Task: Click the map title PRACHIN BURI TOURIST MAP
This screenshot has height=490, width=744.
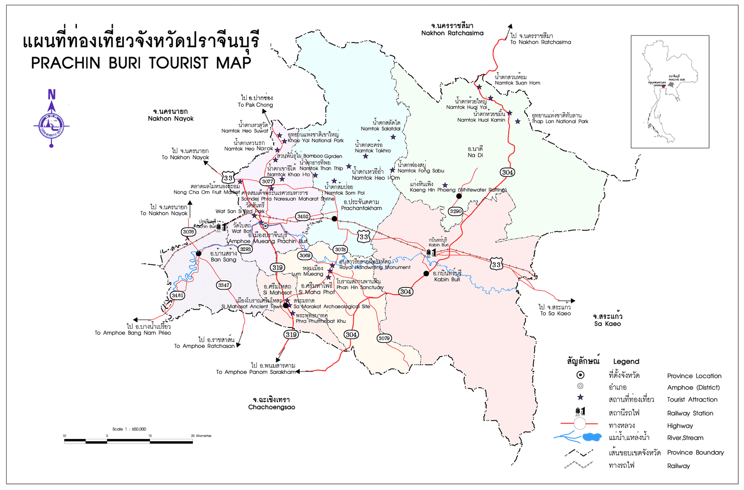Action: tap(141, 63)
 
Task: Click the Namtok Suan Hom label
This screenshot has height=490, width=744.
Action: tap(517, 83)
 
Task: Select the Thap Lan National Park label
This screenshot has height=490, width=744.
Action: tap(560, 121)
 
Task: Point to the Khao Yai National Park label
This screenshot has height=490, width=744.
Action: tap(315, 140)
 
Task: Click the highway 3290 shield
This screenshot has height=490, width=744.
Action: tap(455, 211)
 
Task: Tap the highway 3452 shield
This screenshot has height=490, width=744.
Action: tap(303, 216)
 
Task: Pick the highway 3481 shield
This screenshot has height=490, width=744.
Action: tap(177, 295)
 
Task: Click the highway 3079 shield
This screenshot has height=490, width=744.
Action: tap(384, 338)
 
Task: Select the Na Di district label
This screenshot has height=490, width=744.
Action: tap(475, 155)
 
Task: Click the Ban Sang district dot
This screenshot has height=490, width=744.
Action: tap(198, 253)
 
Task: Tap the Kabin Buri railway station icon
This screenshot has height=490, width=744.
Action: tap(430, 253)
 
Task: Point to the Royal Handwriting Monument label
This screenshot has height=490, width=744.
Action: tap(375, 267)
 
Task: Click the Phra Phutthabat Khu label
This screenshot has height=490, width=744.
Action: tap(321, 321)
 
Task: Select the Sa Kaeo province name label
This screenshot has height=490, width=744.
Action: tap(607, 324)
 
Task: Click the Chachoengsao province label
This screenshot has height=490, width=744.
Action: tap(272, 407)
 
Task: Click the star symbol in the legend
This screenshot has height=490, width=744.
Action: tap(580, 397)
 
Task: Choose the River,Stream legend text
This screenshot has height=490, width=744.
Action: tap(685, 438)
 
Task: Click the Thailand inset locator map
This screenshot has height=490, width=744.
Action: tap(670, 92)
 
